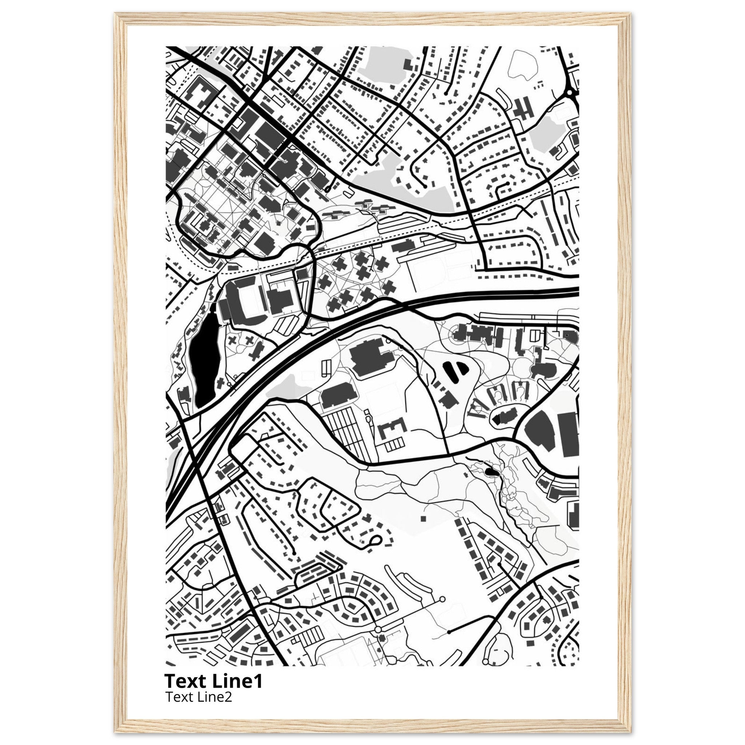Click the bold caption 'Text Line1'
tap(213, 681)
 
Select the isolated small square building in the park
tap(423, 519)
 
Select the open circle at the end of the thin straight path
tap(442, 610)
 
